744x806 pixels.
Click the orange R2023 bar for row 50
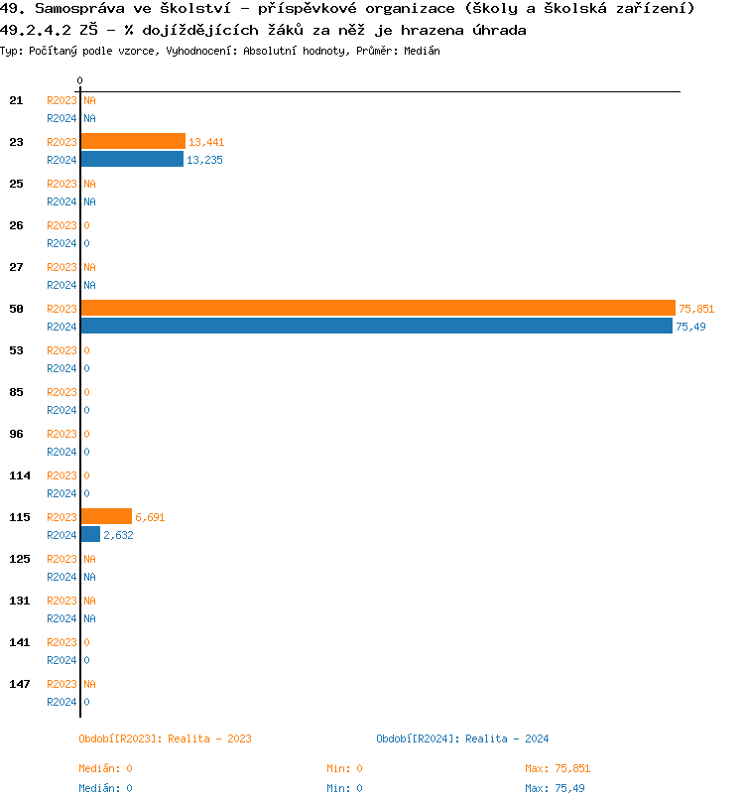coord(377,308)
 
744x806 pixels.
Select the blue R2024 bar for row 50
coord(376,326)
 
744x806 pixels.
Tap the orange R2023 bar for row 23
coord(133,141)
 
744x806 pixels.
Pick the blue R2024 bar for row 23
coord(132,159)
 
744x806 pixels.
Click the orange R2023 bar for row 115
coord(106,516)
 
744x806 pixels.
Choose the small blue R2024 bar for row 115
coord(90,534)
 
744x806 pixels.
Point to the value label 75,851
coord(696,309)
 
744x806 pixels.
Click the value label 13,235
coord(204,160)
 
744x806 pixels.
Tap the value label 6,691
coord(150,517)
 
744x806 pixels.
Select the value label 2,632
coord(118,535)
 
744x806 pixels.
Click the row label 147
coord(20,684)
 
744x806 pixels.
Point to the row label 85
coord(16,392)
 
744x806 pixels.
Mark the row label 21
coord(16,100)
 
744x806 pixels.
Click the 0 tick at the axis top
coord(80,80)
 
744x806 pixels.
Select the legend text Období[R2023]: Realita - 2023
coord(165,739)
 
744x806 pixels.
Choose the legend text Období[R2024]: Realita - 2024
coord(462,739)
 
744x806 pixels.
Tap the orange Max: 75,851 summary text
coord(558,768)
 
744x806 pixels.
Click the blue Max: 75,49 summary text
coord(555,788)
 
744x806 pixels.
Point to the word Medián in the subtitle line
coord(421,50)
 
